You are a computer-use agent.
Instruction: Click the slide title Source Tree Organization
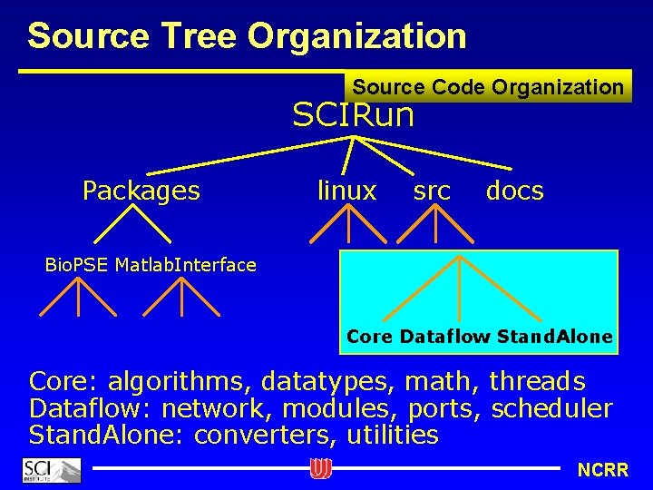(247, 36)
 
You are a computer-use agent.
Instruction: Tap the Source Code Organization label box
(488, 87)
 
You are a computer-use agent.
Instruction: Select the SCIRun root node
(353, 115)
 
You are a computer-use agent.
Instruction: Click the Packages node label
(141, 191)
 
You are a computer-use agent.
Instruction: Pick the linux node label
(346, 191)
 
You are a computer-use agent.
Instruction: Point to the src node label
(432, 191)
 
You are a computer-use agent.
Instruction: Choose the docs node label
(514, 191)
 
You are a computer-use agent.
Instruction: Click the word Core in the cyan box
(369, 337)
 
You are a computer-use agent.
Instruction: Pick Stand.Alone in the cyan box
(554, 337)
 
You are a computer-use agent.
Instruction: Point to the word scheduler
(552, 408)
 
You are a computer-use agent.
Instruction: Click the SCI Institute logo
(51, 470)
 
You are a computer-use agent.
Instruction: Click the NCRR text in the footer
(602, 470)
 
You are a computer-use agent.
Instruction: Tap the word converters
(267, 436)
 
